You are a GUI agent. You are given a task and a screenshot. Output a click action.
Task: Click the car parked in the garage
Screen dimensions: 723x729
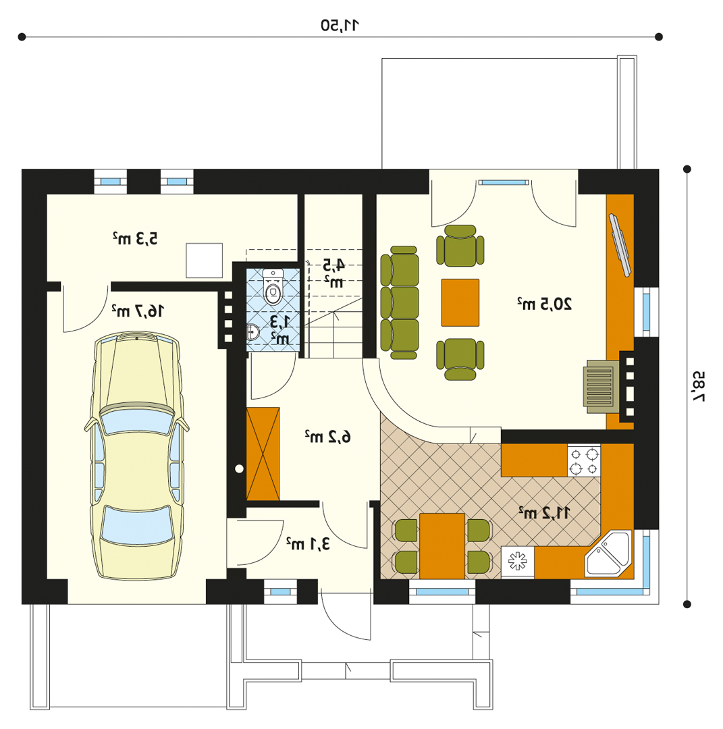[x=136, y=456]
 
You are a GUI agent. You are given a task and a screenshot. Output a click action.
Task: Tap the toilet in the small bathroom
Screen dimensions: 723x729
[x=273, y=287]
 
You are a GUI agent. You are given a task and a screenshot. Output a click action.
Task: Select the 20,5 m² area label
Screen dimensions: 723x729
[x=545, y=304]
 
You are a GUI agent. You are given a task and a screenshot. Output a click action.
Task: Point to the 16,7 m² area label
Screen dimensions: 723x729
[x=138, y=310]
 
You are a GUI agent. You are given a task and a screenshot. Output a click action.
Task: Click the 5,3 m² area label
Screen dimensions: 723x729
[x=135, y=238]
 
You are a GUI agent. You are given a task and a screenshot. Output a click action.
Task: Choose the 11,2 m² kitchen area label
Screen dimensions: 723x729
[x=545, y=513]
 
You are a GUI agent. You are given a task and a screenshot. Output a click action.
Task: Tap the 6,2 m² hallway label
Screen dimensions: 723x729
[x=328, y=437]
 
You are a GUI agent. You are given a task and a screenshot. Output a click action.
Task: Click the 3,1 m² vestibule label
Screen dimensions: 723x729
[x=308, y=543]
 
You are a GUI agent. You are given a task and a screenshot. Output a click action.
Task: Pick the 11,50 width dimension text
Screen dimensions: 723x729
[x=340, y=25]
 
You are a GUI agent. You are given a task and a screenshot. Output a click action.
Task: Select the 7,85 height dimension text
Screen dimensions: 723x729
[x=698, y=386]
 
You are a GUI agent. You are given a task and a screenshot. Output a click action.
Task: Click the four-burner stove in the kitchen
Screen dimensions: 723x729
[x=584, y=460]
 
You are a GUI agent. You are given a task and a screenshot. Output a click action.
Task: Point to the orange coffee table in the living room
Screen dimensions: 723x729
[x=460, y=302]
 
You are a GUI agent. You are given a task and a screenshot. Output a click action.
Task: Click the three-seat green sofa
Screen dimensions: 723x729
[x=400, y=302]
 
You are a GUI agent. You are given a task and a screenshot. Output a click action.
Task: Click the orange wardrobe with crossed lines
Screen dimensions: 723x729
[x=263, y=454]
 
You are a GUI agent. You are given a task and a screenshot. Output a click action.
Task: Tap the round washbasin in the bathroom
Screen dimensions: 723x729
[x=252, y=332]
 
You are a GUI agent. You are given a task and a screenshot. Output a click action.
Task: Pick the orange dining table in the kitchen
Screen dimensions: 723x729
[x=441, y=546]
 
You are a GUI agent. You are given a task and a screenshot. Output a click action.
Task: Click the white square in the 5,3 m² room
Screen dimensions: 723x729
[x=204, y=261]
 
